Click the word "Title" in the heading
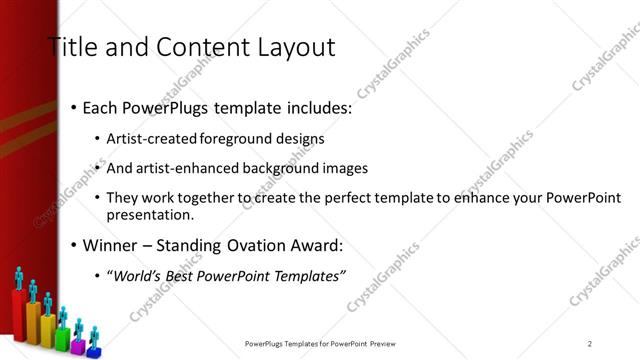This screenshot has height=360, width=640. click(71, 47)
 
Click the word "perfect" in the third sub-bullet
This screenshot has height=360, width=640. click(367, 198)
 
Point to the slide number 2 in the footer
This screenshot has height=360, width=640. click(590, 344)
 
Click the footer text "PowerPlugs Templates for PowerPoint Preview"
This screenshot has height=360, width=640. click(327, 344)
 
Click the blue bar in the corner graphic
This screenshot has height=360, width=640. click(93, 351)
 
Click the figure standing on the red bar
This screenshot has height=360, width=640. click(19, 278)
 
